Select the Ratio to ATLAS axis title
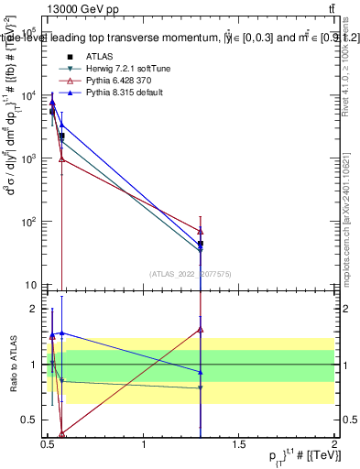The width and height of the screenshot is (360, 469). click(11, 365)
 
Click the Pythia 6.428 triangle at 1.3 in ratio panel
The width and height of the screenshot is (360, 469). click(200, 329)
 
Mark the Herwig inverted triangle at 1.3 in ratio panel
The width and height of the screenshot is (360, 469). click(200, 388)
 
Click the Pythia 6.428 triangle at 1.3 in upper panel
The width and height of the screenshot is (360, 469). click(200, 232)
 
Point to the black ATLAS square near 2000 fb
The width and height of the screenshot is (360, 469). click(61, 136)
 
